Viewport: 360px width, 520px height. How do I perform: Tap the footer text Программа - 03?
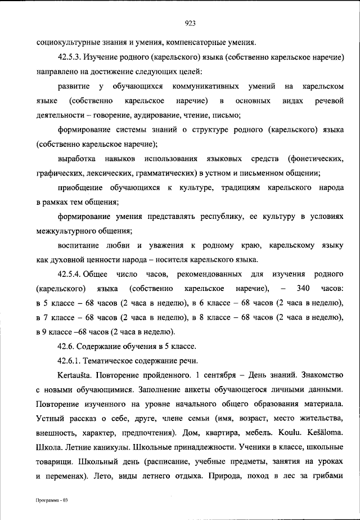(x=52, y=500)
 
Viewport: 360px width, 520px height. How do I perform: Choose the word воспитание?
(x=79, y=245)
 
